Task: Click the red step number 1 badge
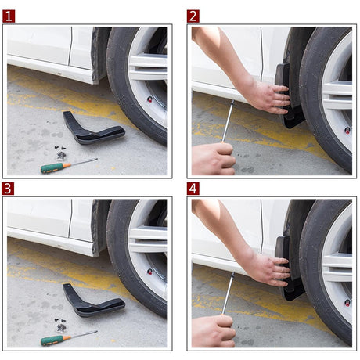[9, 16]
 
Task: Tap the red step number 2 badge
[193, 16]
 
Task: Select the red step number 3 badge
[9, 188]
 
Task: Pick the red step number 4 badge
[193, 188]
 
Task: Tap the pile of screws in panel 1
[61, 152]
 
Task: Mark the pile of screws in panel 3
[61, 323]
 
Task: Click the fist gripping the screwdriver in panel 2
[213, 159]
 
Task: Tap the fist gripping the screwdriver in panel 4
[213, 331]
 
